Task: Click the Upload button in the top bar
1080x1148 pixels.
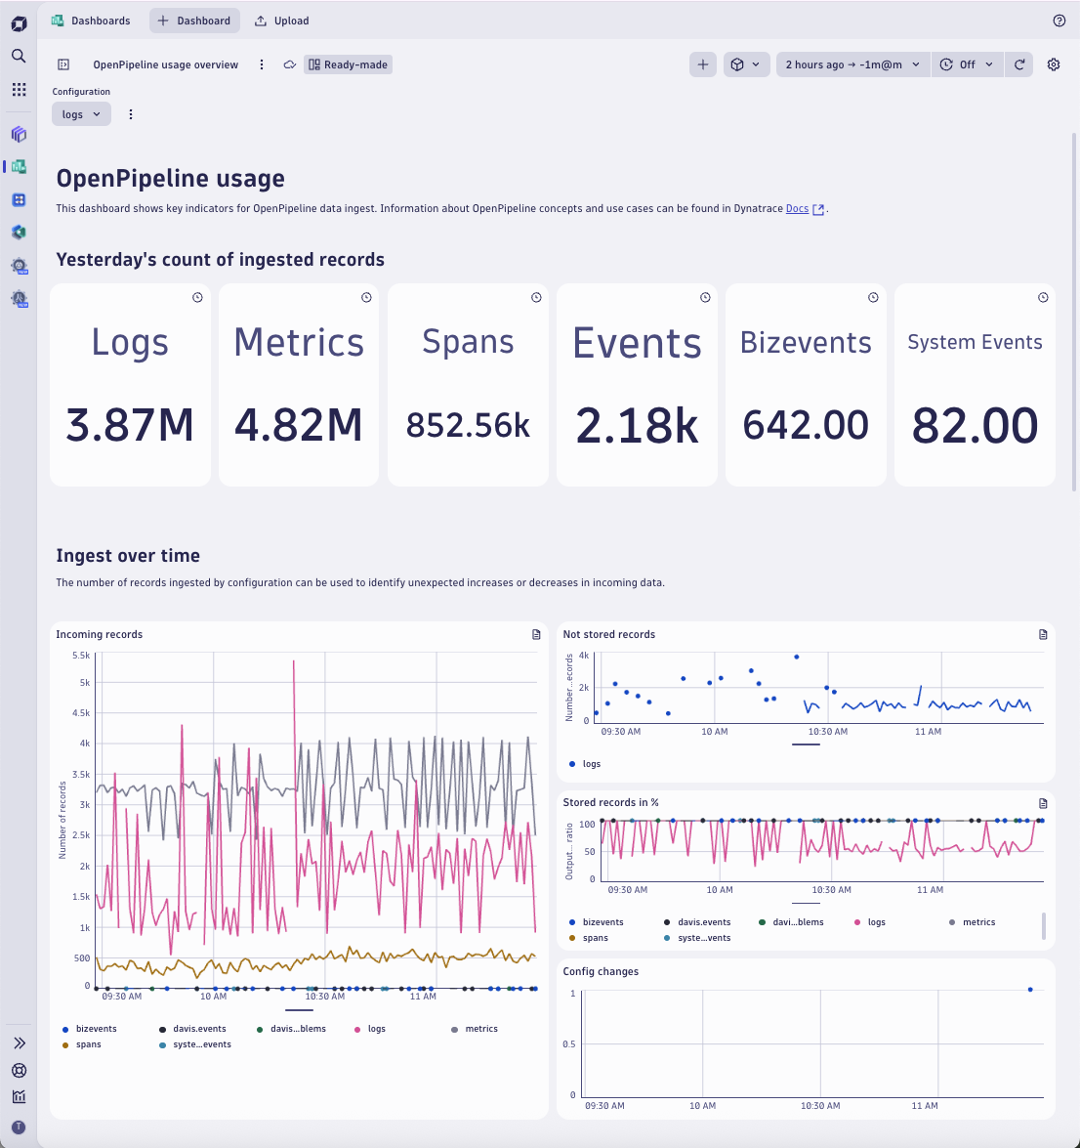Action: (281, 21)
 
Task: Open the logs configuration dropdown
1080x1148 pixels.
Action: (81, 114)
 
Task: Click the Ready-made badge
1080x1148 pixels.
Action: (349, 64)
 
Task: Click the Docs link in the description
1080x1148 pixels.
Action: (797, 208)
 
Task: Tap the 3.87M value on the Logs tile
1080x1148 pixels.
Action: (130, 425)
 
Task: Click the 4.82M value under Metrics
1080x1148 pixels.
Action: (299, 425)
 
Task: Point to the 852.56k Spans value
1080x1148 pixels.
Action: (468, 425)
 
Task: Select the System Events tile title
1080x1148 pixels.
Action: (975, 342)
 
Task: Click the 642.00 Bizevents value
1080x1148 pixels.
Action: (806, 425)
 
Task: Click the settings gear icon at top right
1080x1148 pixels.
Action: (1054, 64)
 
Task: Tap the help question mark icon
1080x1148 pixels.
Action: (1059, 21)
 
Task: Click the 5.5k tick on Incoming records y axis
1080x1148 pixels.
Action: (81, 656)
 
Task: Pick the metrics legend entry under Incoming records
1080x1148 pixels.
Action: (480, 1029)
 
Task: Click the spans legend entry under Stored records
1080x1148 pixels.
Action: (595, 938)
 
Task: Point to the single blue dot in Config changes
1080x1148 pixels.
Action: (1030, 990)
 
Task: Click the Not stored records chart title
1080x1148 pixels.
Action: (608, 634)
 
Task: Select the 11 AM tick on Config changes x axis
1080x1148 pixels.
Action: (924, 1106)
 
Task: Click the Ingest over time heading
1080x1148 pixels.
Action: (128, 556)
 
